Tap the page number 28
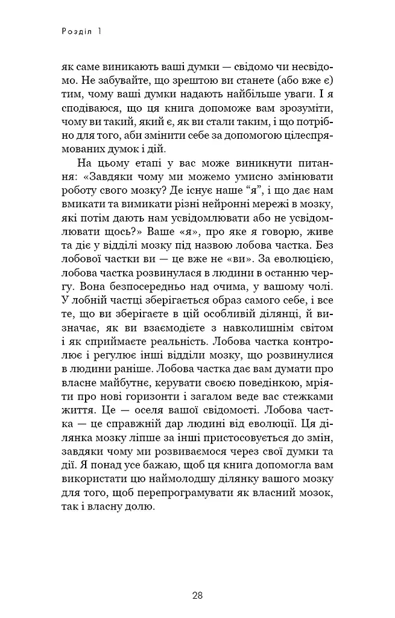(x=197, y=596)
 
